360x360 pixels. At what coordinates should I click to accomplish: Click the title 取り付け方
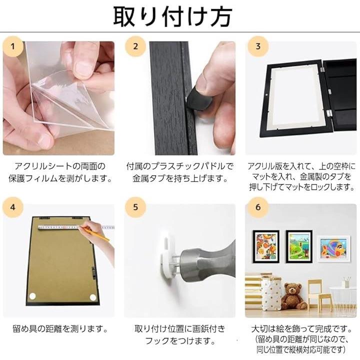pyautogui.click(x=172, y=16)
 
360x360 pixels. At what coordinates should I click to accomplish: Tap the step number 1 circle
pyautogui.click(x=13, y=46)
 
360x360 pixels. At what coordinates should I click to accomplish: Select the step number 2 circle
pyautogui.click(x=135, y=46)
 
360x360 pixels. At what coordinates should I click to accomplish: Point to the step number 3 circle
pyautogui.click(x=258, y=46)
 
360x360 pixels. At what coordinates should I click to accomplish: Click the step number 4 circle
pyautogui.click(x=13, y=207)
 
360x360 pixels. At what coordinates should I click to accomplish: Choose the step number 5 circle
pyautogui.click(x=135, y=207)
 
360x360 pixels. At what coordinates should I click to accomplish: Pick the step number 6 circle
pyautogui.click(x=258, y=207)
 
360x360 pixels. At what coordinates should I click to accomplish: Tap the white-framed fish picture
pyautogui.click(x=334, y=248)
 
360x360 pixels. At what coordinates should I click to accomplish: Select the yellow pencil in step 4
pyautogui.click(x=94, y=233)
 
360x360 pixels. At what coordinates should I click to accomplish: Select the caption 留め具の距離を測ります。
pyautogui.click(x=60, y=329)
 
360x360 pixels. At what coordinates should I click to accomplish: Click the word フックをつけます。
pyautogui.click(x=180, y=341)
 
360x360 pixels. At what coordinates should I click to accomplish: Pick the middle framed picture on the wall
pyautogui.click(x=299, y=246)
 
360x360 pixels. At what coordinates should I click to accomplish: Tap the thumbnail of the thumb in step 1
pyautogui.click(x=83, y=67)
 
